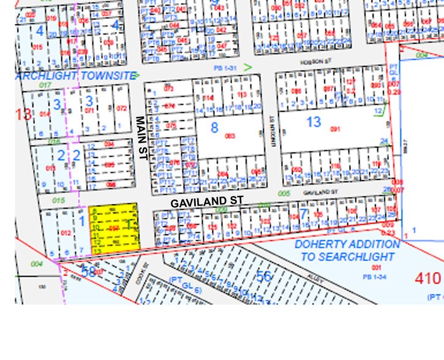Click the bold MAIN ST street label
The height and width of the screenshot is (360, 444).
(x=139, y=138)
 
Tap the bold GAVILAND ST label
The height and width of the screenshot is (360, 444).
(x=207, y=201)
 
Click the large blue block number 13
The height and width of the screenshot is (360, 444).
(x=314, y=122)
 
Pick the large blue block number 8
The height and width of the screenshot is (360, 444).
(x=214, y=128)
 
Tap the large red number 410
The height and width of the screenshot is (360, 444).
(x=427, y=279)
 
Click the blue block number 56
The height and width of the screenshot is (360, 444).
(x=263, y=276)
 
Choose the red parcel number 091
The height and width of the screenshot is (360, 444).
(x=334, y=129)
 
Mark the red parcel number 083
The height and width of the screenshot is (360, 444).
(x=230, y=135)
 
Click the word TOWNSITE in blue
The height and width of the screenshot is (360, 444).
(x=111, y=75)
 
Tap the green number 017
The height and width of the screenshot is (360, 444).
(x=43, y=85)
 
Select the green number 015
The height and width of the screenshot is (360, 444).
(x=59, y=200)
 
